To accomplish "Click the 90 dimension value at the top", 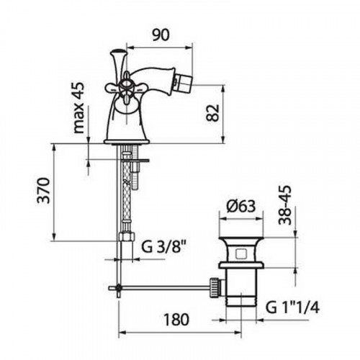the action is coord(161,35).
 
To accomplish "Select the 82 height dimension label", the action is coord(212,113).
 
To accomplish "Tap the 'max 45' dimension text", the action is coord(79,108).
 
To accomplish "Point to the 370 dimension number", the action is coord(44,191).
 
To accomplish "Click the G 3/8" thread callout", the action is coord(164,246).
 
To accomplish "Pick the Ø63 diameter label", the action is coord(241,206).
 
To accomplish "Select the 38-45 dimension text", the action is coord(285,204).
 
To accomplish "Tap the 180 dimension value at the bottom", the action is coord(176,320).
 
